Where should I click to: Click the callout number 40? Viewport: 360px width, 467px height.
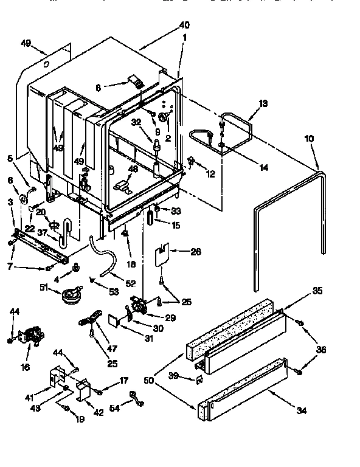click(184, 25)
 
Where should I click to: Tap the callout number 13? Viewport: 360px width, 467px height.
click(262, 103)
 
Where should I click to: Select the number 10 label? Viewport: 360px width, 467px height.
click(310, 139)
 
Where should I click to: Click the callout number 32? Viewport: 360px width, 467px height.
click(136, 122)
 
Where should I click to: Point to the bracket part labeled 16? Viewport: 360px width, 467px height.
click(30, 336)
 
